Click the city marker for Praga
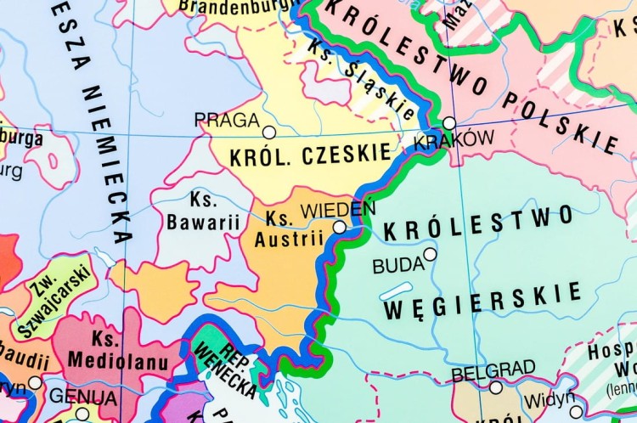coord(269,133)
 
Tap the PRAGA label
coord(226,120)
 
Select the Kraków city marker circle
coord(449,123)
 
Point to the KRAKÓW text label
coord(454,140)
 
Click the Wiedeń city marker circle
coord(340,227)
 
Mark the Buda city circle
coord(431,254)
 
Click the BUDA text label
coord(397,266)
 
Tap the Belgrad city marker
coord(496,387)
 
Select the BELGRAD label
coord(493,370)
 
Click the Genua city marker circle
coord(82,414)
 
